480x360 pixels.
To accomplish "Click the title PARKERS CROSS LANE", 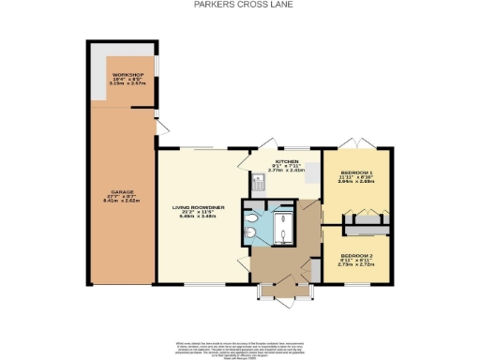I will [x=240, y=5].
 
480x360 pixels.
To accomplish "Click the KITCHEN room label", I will [x=287, y=160].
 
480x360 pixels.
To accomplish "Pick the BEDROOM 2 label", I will [x=356, y=255].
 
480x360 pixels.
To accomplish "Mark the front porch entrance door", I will [x=284, y=298].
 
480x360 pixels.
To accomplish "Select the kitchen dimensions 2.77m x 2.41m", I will [x=287, y=172].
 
